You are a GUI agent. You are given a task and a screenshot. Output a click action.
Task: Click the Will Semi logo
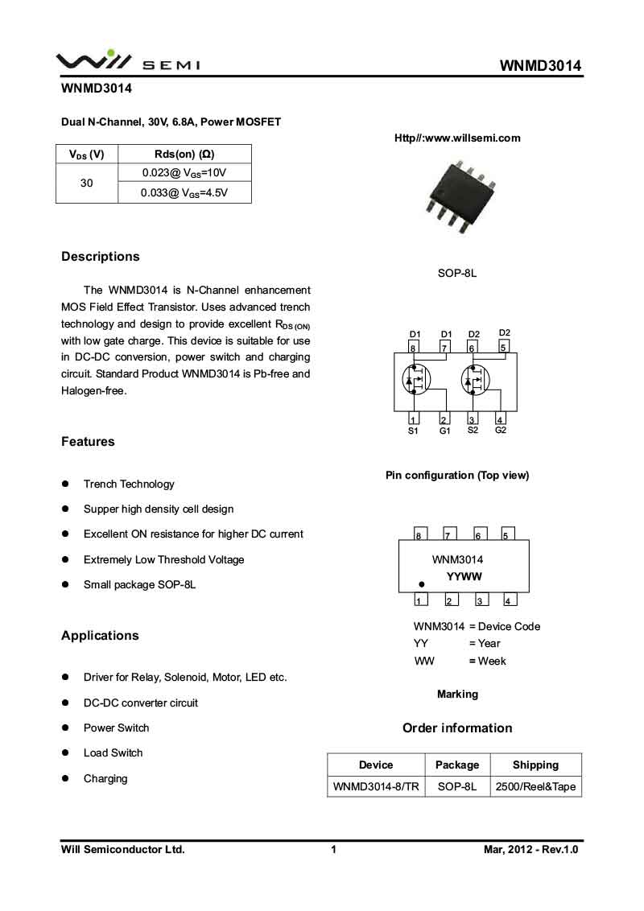[x=127, y=61]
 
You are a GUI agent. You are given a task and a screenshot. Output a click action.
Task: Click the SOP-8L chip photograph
[x=457, y=194]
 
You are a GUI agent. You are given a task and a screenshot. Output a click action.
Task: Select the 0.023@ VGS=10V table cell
[x=184, y=173]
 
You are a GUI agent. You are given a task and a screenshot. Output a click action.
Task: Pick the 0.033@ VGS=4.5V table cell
[x=184, y=193]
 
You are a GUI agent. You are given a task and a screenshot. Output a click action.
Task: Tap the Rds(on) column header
[x=184, y=155]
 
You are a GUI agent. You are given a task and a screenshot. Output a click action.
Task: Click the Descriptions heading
[x=101, y=257]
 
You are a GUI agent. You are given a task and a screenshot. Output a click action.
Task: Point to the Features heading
[x=88, y=442]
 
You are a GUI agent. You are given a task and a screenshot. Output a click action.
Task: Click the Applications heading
[x=100, y=636]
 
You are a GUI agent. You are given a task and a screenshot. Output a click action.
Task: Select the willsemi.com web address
[x=457, y=138]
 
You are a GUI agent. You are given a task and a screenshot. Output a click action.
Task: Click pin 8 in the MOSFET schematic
[x=412, y=348]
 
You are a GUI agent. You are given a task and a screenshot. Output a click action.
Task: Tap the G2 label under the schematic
[x=501, y=431]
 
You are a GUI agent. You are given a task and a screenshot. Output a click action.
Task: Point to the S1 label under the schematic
[x=413, y=431]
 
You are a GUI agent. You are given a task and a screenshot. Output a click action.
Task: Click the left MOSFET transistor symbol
[x=417, y=380]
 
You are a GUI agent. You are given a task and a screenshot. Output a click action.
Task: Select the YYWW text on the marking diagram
[x=464, y=577]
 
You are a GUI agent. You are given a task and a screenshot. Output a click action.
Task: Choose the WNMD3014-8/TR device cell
[x=376, y=786]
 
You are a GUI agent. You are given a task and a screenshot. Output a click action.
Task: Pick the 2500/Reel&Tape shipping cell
[x=535, y=786]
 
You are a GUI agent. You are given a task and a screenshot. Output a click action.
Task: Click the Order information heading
[x=457, y=728]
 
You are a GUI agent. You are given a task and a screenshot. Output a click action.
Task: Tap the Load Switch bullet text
[x=113, y=753]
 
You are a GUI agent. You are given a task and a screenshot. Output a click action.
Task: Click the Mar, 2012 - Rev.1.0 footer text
[x=531, y=850]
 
